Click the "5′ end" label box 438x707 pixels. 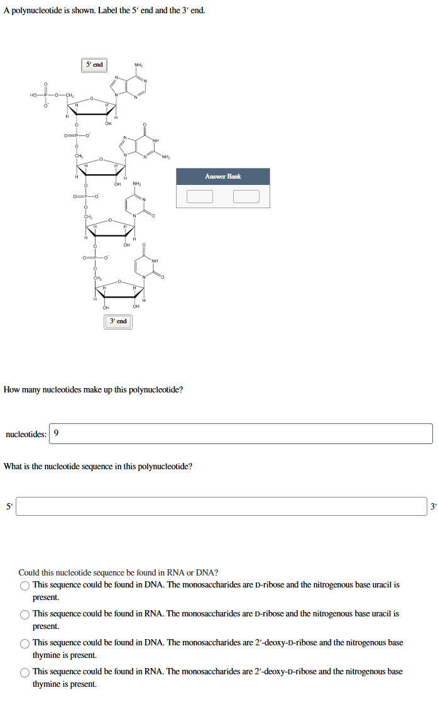(x=94, y=65)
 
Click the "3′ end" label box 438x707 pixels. (x=118, y=321)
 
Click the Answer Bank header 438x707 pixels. (x=222, y=176)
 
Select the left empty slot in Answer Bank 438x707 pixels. (x=199, y=196)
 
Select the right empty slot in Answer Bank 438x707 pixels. (x=246, y=196)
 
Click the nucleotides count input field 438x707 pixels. (x=241, y=433)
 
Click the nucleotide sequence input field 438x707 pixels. (x=221, y=506)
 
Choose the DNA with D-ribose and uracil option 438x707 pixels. (x=25, y=586)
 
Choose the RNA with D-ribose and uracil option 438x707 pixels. (x=25, y=615)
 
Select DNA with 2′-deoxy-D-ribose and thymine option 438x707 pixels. (x=25, y=643)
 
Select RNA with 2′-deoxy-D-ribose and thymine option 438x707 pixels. (x=25, y=672)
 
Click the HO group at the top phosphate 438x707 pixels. (x=33, y=95)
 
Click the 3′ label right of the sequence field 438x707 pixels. (x=433, y=506)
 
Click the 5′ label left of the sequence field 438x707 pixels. (x=8, y=506)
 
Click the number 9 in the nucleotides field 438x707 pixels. (x=57, y=433)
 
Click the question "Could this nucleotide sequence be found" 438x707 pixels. (x=118, y=572)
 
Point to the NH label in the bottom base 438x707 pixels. (x=155, y=261)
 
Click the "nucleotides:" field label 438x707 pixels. (x=25, y=433)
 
